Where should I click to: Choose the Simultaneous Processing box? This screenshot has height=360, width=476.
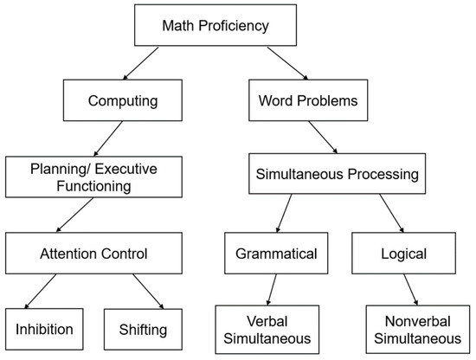pos(337,175)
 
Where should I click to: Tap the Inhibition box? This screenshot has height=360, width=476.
pos(42,329)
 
